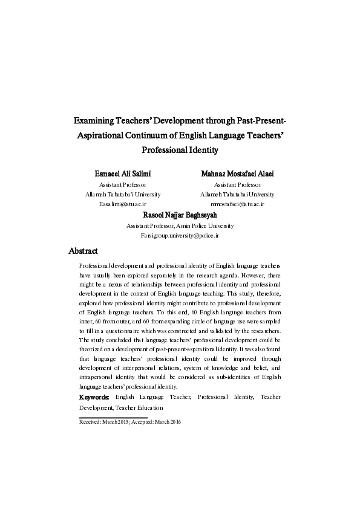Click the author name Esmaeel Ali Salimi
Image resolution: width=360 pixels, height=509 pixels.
122,173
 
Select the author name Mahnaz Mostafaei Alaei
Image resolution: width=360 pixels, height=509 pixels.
237,173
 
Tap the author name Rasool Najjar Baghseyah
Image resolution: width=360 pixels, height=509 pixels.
180,215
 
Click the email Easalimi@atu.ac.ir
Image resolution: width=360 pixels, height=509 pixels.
123,205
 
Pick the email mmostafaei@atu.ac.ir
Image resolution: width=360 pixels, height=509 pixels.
237,205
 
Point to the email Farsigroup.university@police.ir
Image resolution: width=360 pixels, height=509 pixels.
180,235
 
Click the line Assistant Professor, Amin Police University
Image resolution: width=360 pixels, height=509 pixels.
180,225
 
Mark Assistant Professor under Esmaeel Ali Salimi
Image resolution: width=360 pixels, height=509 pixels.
122,184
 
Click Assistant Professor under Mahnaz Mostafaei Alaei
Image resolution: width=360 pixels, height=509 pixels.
237,184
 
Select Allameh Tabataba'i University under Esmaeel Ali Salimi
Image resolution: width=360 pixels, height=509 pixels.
123,195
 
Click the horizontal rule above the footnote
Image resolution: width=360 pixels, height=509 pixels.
113,417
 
